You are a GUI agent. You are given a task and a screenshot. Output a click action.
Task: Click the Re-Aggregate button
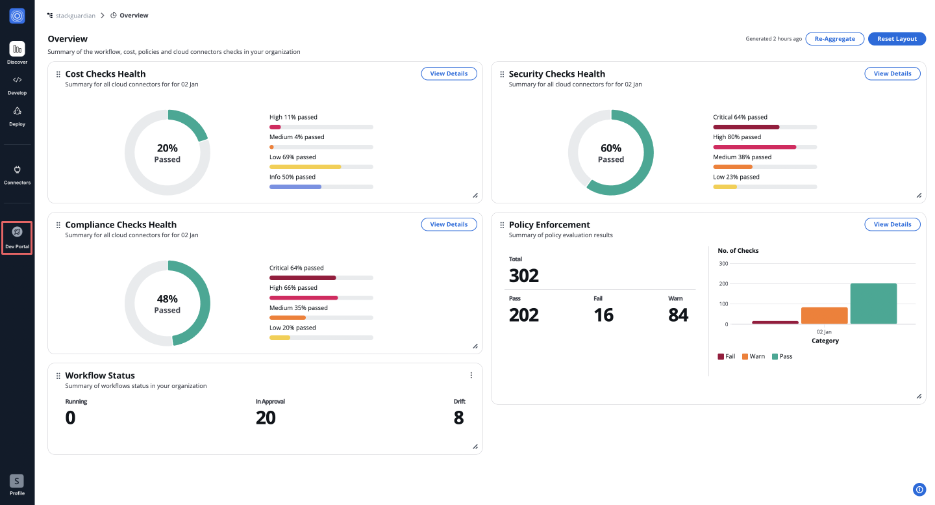835,39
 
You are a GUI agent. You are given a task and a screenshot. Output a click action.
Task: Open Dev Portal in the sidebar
18,237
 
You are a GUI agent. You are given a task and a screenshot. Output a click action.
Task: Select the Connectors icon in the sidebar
18,170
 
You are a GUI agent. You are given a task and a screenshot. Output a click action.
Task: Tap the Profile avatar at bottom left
17,481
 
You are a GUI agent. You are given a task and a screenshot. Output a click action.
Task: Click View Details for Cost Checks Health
449,74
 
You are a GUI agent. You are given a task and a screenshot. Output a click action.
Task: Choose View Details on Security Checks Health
892,74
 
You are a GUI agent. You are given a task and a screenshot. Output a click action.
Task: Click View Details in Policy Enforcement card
892,224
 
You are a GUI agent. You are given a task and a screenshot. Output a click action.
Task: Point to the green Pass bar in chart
873,304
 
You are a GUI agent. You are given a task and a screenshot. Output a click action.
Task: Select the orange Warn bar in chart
824,315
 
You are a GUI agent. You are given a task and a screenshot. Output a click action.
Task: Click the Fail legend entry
727,356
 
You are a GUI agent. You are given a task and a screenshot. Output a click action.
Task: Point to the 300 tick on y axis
723,264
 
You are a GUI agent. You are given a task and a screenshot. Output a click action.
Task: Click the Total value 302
524,276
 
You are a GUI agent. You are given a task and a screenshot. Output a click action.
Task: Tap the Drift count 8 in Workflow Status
458,418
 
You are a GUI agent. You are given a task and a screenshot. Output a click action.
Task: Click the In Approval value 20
266,418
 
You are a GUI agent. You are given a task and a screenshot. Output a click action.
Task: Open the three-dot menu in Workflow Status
471,375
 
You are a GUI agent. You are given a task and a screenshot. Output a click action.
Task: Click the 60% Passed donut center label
611,153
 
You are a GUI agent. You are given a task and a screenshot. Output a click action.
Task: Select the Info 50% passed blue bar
295,187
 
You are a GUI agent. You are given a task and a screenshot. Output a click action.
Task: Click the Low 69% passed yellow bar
305,167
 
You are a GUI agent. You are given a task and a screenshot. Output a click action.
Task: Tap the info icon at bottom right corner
919,490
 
